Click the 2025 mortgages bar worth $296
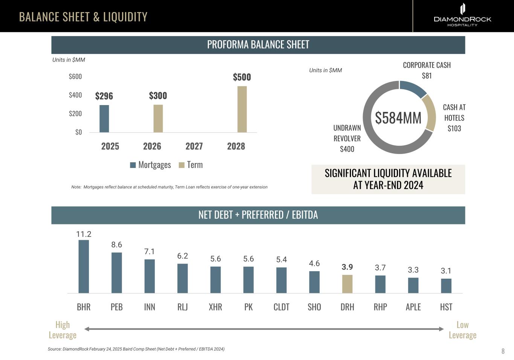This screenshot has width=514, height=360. tap(104, 119)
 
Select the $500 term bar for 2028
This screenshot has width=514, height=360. tap(242, 109)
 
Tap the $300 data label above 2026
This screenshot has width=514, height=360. tap(158, 96)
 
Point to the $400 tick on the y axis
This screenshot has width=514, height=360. tap(75, 95)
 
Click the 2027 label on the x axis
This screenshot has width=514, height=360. tap(194, 146)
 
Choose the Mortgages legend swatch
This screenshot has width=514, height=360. tap(133, 165)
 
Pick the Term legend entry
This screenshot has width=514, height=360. tap(191, 165)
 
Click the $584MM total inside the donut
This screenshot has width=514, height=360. tap(398, 118)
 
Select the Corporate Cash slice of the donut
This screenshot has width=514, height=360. tap(413, 88)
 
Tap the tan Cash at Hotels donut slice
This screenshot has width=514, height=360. tap(429, 112)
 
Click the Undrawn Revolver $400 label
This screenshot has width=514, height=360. tap(347, 139)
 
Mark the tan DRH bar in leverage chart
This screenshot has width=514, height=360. tap(347, 284)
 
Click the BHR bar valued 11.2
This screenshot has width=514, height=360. tap(84, 266)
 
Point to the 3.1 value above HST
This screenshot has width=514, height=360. tap(446, 271)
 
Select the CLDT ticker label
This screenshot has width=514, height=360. tap(281, 307)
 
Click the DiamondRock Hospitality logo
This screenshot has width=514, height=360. tap(462, 15)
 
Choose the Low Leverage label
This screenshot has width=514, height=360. tap(462, 330)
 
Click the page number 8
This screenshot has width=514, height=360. tap(503, 351)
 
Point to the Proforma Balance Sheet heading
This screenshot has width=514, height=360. tap(258, 44)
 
